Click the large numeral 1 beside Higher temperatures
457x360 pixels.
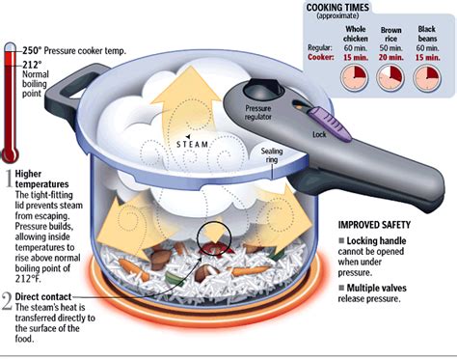click(8, 178)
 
